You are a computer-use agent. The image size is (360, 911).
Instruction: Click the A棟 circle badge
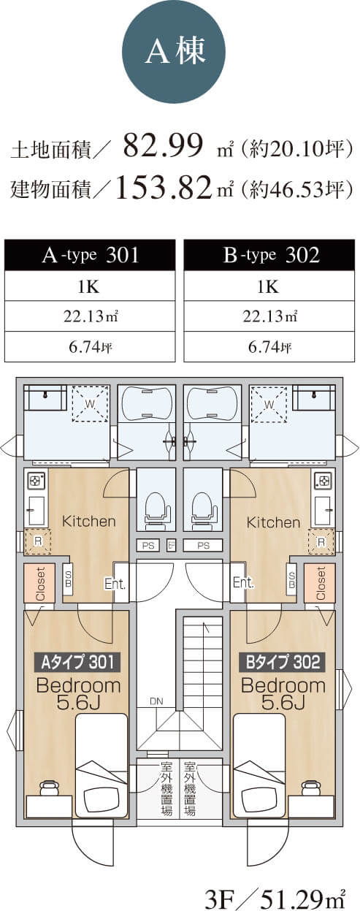(x=175, y=52)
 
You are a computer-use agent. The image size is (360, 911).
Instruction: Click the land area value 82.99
(x=163, y=145)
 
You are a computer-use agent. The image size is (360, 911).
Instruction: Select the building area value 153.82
(x=164, y=188)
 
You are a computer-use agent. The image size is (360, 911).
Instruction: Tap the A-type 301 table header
(x=90, y=255)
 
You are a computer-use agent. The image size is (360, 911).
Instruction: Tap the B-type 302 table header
(x=269, y=255)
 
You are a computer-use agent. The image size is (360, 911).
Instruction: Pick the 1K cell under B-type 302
(x=269, y=286)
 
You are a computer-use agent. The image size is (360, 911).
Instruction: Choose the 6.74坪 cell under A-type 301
(x=90, y=347)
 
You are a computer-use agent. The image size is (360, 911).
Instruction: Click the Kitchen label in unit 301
(x=88, y=521)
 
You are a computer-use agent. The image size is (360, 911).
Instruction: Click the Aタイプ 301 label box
(x=77, y=662)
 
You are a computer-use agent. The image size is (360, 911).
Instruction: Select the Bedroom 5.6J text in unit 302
(x=283, y=694)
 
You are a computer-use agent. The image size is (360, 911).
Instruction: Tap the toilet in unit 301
(x=156, y=508)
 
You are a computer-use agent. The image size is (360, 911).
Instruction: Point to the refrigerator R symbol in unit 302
(x=321, y=541)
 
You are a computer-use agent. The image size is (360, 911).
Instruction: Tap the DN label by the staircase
(x=156, y=701)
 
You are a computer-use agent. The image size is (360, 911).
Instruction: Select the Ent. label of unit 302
(x=243, y=582)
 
